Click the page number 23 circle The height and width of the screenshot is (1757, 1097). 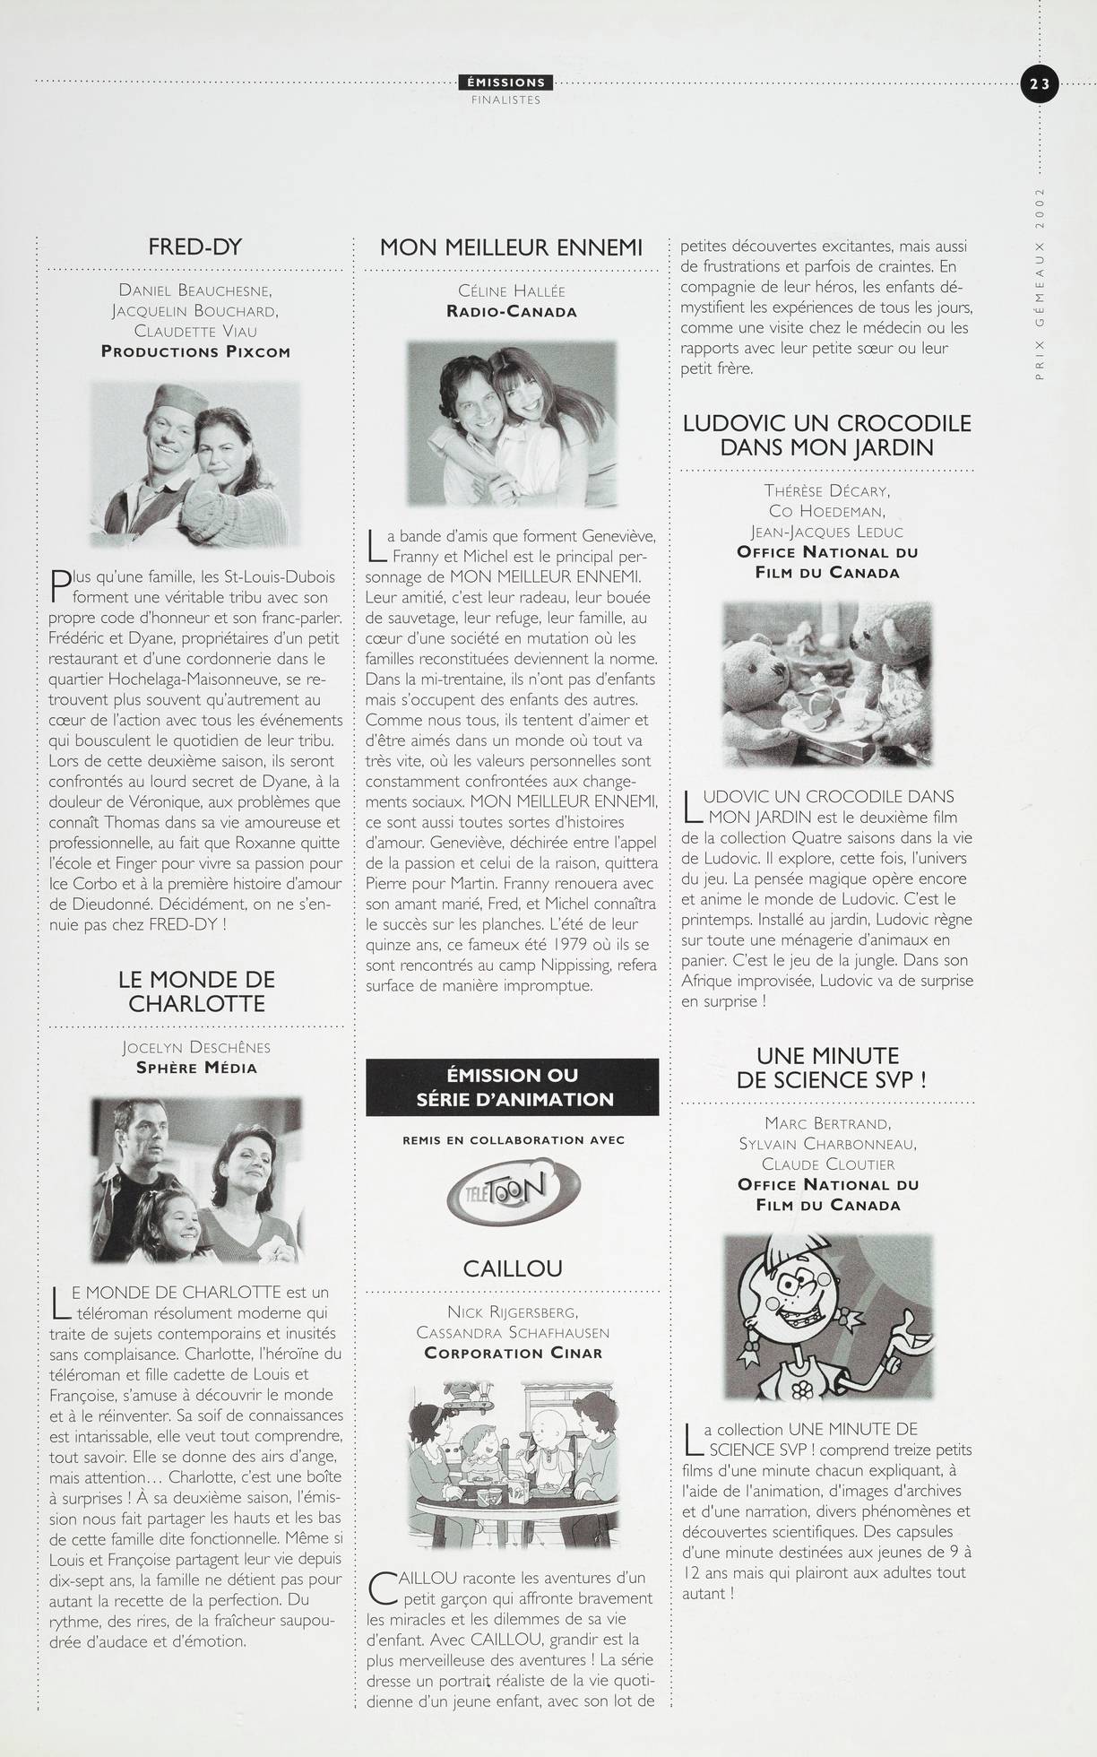[1039, 84]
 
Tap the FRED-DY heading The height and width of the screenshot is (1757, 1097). [195, 247]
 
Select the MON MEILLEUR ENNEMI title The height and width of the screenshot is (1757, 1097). [512, 247]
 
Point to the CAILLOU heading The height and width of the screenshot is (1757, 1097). [513, 1268]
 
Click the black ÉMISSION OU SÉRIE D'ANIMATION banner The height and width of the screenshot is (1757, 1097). [512, 1086]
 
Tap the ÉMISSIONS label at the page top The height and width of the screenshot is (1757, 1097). [506, 82]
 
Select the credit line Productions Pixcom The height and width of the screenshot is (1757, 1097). [195, 351]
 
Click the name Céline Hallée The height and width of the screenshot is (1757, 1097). [512, 290]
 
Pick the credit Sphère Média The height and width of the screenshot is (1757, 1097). [196, 1068]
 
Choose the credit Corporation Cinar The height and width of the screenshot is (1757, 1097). [514, 1353]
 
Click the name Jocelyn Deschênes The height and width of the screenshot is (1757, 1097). [196, 1047]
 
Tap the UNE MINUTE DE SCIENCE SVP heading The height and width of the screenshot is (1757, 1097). [828, 1068]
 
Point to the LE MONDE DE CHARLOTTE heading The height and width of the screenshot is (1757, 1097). [196, 991]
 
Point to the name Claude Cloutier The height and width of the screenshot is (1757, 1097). [828, 1164]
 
